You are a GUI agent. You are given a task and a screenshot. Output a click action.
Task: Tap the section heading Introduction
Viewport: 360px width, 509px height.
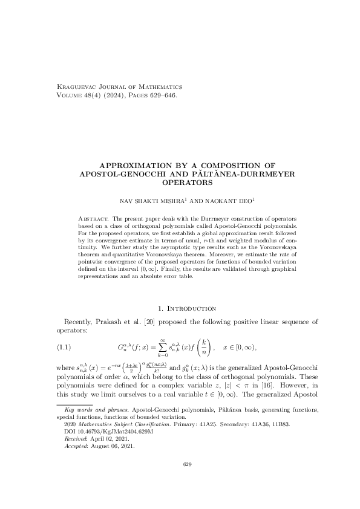point(189,309)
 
